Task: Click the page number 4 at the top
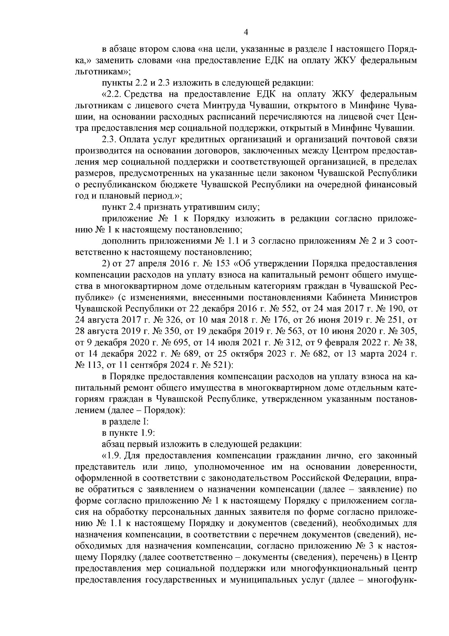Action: [246, 33]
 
